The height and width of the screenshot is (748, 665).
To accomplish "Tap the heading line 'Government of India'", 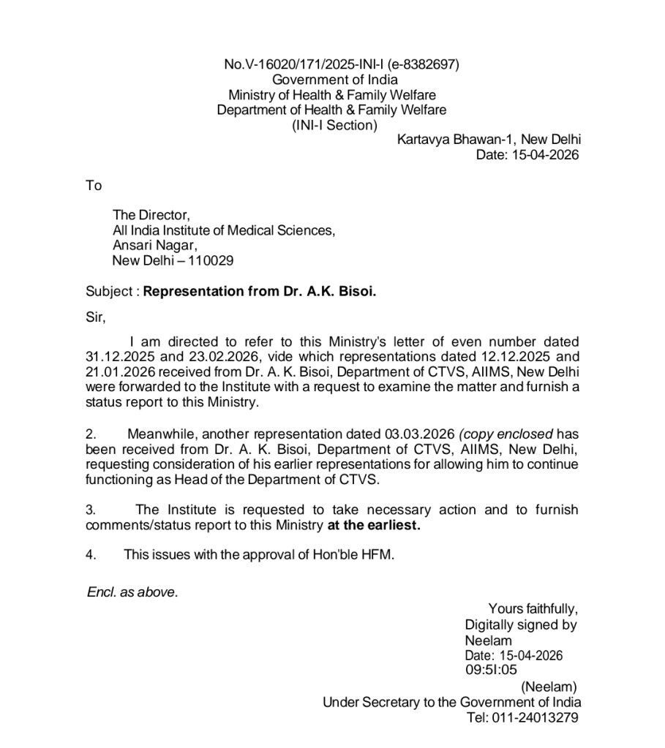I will (x=335, y=80).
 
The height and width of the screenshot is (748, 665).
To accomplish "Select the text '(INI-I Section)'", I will (x=335, y=125).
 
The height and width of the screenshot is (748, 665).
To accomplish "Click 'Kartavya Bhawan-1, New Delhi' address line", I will (x=489, y=140).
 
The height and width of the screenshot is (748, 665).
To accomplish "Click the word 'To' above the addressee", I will (x=94, y=186).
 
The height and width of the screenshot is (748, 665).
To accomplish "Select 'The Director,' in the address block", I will (x=151, y=215).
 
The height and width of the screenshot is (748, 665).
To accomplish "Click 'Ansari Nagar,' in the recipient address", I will (x=155, y=246).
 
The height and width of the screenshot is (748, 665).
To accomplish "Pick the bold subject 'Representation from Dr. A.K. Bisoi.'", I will (x=260, y=291).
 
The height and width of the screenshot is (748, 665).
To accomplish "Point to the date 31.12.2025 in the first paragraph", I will (x=116, y=357).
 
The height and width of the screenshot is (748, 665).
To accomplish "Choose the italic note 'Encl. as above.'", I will (x=132, y=592).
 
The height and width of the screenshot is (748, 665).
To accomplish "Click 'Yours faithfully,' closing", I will (x=533, y=608).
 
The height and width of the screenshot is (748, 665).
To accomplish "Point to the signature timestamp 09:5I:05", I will (x=491, y=669).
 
